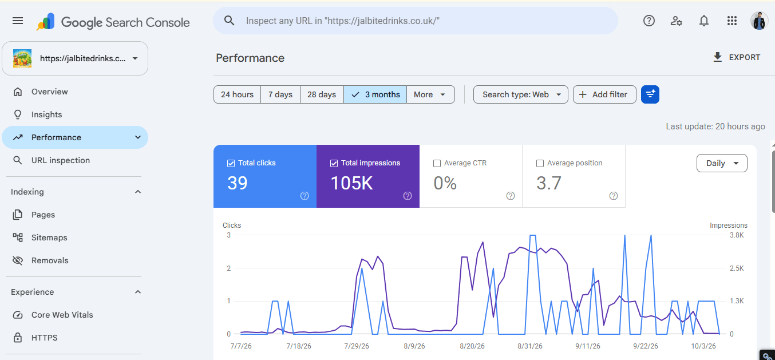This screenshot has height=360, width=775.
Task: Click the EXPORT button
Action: pyautogui.click(x=737, y=57)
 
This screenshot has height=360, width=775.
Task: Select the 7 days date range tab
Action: pyautogui.click(x=280, y=94)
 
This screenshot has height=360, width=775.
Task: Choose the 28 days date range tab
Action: pyautogui.click(x=322, y=94)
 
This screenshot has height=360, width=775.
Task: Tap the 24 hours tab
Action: pyautogui.click(x=237, y=94)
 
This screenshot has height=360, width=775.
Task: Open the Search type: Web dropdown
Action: pyautogui.click(x=521, y=94)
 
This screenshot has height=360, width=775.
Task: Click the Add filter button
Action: pyautogui.click(x=604, y=94)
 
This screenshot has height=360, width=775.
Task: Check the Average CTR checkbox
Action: pyautogui.click(x=437, y=163)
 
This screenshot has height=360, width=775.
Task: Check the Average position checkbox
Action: pyautogui.click(x=540, y=163)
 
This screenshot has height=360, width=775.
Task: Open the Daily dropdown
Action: pyautogui.click(x=722, y=163)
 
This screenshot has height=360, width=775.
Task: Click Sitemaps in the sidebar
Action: pyautogui.click(x=49, y=238)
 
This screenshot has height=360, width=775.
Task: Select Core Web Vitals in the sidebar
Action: pyautogui.click(x=62, y=315)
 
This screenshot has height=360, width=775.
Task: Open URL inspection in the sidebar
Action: pyautogui.click(x=61, y=160)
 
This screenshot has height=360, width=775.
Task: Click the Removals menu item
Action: pyautogui.click(x=50, y=260)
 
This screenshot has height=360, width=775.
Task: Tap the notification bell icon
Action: pyautogui.click(x=704, y=21)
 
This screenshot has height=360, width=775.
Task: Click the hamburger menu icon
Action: pyautogui.click(x=18, y=21)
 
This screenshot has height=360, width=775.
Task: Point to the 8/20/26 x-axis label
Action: pyautogui.click(x=472, y=346)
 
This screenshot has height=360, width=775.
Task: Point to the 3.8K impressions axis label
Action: pyautogui.click(x=737, y=235)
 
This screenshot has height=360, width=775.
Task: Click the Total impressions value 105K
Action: pyautogui.click(x=351, y=183)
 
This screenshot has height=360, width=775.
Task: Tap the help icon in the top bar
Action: pyautogui.click(x=649, y=21)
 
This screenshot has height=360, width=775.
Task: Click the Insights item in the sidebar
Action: pyautogui.click(x=46, y=114)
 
